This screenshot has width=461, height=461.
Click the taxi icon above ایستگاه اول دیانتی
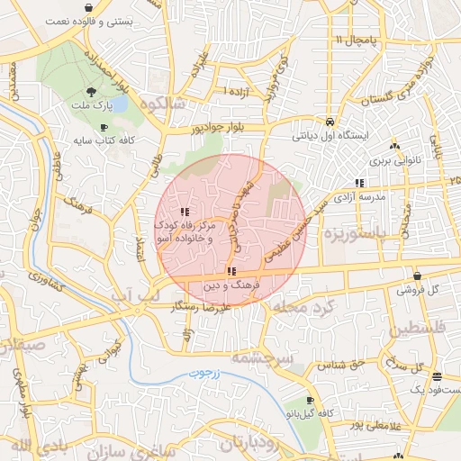[x=330, y=122]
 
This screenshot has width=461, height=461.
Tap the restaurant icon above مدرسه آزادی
[x=359, y=183]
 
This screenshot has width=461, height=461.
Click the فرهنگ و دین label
[x=231, y=285]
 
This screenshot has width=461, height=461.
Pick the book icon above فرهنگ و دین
[x=231, y=271]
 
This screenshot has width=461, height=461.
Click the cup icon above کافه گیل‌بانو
[x=310, y=400]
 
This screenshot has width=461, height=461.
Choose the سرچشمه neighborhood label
[x=262, y=357]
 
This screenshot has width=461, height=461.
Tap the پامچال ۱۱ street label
[x=354, y=41]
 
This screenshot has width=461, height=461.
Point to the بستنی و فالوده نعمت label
[x=89, y=19]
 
